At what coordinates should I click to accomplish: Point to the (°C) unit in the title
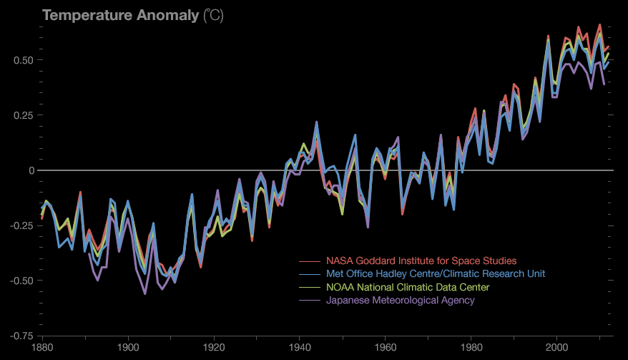(213, 16)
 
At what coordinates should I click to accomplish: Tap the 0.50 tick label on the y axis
(24, 60)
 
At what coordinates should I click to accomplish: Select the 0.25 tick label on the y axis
(24, 115)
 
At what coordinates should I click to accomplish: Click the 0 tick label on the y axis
(31, 170)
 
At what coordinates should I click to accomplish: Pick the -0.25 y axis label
(22, 225)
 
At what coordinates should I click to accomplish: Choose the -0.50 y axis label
(22, 281)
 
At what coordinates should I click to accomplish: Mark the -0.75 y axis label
(22, 336)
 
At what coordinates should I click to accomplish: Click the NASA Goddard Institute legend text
(421, 261)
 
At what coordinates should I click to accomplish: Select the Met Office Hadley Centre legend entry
(436, 274)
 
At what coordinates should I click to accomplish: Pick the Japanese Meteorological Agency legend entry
(400, 300)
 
